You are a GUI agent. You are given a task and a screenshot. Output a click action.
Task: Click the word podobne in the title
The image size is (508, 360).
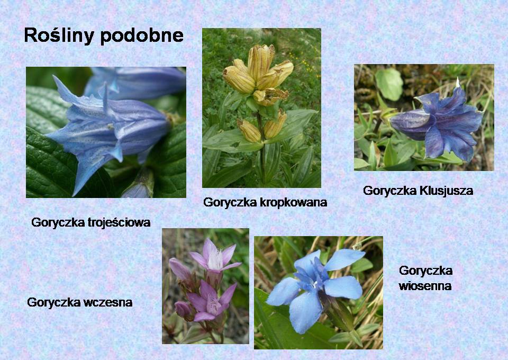pyautogui.click(x=142, y=35)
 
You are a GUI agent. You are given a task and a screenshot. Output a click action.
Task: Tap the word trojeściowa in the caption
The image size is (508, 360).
pyautogui.click(x=119, y=222)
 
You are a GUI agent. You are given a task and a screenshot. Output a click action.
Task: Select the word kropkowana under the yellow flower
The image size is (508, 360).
pyautogui.click(x=294, y=203)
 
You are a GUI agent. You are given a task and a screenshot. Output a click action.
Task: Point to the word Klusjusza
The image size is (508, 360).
pyautogui.click(x=447, y=191)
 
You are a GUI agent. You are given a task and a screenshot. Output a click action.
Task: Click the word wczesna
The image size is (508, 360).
pyautogui.click(x=108, y=302)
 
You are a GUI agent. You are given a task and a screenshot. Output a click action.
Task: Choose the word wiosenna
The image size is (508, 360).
pyautogui.click(x=425, y=286)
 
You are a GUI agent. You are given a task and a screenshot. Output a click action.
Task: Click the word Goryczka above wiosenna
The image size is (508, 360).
pyautogui.click(x=425, y=271)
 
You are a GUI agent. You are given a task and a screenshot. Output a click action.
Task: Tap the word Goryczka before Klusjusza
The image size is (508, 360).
pyautogui.click(x=390, y=191)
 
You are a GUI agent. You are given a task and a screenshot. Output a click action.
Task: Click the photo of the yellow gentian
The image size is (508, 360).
pyautogui.click(x=261, y=108)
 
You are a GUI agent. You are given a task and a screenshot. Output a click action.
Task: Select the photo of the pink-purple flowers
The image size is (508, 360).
pyautogui.click(x=205, y=286)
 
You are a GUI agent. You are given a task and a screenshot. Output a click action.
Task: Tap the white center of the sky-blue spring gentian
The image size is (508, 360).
pyautogui.click(x=315, y=285)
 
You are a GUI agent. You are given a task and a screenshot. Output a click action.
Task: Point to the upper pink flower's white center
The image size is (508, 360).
pyautogui.click(x=215, y=259)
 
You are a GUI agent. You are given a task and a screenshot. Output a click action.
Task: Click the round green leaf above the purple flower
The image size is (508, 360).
pyautogui.click(x=389, y=84)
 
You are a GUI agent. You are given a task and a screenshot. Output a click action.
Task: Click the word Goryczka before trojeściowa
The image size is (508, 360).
pyautogui.click(x=58, y=223)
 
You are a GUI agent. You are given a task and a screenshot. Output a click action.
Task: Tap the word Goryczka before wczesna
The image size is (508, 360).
pyautogui.click(x=54, y=303)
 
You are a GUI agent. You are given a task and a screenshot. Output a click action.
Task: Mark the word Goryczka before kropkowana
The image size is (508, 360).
pyautogui.click(x=230, y=203)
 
